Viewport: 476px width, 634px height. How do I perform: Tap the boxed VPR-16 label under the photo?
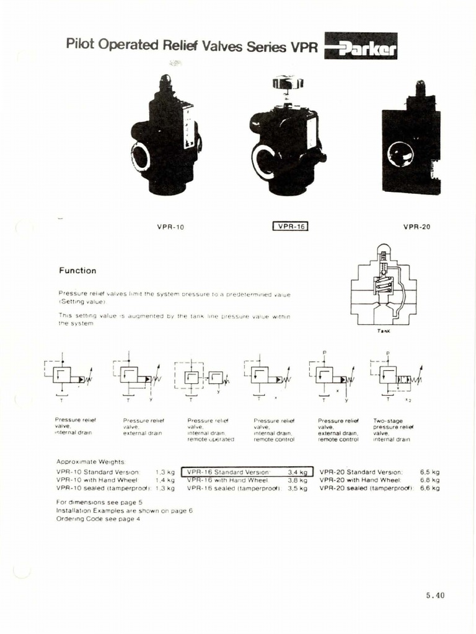[x=291, y=227]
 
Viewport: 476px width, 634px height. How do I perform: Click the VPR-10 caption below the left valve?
[x=170, y=227]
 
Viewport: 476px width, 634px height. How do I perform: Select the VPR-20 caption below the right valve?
[x=416, y=227]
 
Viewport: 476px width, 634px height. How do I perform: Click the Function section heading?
[x=77, y=271]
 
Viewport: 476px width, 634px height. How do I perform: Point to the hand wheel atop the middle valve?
[x=288, y=82]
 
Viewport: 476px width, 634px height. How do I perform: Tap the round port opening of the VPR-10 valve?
[x=141, y=156]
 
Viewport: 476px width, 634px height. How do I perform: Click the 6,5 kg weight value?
[x=430, y=472]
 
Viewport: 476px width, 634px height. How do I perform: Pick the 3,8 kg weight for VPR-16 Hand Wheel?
[x=297, y=480]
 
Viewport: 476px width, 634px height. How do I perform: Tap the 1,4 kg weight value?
[x=165, y=480]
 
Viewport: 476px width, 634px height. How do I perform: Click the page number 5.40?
[x=435, y=596]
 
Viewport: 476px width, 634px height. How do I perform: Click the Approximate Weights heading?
[x=90, y=462]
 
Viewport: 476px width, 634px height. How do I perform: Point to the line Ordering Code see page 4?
[x=98, y=519]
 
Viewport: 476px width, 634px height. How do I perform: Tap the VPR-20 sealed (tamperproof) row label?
[x=366, y=488]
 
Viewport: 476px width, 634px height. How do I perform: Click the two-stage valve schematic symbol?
[x=396, y=376]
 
